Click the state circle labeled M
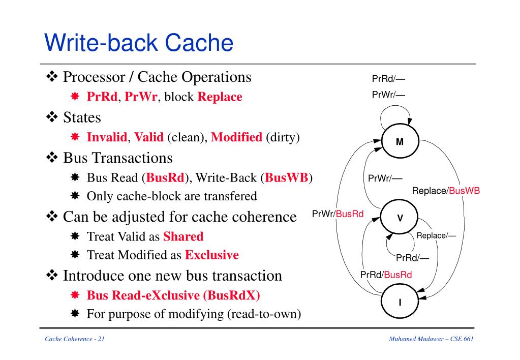(x=400, y=141)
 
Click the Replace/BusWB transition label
(x=446, y=191)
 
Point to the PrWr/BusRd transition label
(x=338, y=214)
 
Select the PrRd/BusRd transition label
(x=386, y=275)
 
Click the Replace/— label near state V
(x=436, y=235)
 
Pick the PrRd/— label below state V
(x=412, y=258)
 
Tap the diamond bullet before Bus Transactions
(x=52, y=158)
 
